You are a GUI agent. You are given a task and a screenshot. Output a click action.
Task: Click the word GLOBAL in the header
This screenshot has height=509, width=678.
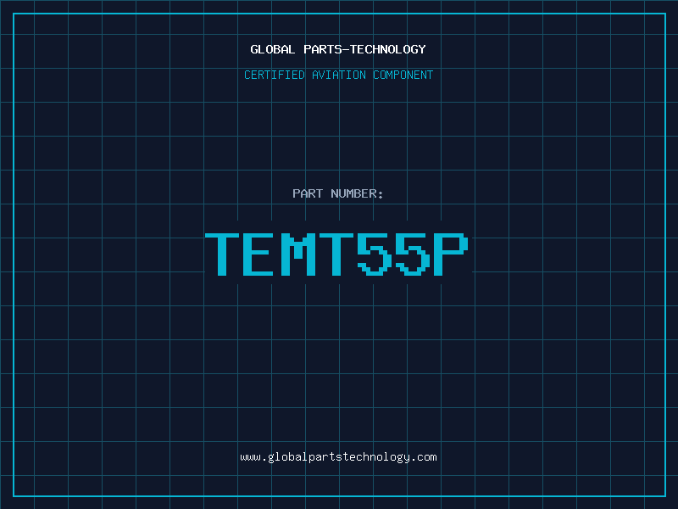272,49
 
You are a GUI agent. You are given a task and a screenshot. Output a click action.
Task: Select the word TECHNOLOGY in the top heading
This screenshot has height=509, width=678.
388,49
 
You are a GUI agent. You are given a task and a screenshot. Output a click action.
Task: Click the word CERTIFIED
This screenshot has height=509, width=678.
275,75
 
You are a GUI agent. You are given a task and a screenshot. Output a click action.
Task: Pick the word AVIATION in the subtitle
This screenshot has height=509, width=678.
339,75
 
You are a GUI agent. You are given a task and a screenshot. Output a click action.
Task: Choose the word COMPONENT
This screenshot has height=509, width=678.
403,75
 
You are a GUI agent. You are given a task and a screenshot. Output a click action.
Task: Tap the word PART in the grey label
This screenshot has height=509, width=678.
308,193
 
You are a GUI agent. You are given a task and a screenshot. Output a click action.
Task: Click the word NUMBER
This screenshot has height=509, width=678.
353,193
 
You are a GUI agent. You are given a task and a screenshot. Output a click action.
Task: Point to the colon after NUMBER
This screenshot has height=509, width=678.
381,195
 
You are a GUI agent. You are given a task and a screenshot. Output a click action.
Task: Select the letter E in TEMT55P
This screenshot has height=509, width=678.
258,255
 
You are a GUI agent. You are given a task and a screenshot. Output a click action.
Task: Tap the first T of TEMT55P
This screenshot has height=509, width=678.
222,255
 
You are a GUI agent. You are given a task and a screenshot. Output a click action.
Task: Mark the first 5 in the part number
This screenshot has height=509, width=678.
375,255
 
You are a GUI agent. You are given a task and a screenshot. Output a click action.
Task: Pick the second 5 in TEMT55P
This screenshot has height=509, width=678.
413,255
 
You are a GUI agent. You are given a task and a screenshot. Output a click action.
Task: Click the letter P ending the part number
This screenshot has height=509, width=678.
451,255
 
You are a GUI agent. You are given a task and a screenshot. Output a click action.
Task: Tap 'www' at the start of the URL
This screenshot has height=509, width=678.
251,457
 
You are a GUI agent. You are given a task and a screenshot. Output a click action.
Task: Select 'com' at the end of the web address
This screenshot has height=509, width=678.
427,457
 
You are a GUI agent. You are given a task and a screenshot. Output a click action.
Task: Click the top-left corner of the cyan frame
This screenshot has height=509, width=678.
14,14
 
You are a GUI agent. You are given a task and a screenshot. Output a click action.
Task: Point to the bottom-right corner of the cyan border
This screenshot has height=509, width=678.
665,495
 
